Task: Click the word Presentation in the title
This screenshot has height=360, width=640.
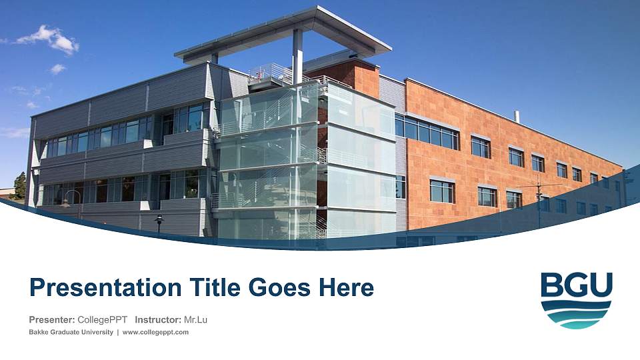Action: tap(106, 288)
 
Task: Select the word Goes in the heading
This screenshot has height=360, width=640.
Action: tap(279, 287)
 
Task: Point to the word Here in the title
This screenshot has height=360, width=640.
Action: tap(347, 287)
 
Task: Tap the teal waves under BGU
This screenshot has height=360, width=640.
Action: tap(576, 315)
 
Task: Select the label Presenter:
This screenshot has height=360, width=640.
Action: tap(52, 319)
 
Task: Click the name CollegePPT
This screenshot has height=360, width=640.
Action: tap(103, 319)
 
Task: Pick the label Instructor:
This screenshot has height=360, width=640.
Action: tap(158, 319)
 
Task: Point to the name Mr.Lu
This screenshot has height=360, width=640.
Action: tap(195, 319)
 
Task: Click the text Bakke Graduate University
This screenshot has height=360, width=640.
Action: tap(71, 332)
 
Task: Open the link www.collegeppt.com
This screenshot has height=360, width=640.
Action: tap(155, 332)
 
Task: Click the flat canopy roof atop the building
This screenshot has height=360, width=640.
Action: tap(283, 34)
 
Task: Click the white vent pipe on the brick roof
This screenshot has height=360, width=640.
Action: tap(517, 116)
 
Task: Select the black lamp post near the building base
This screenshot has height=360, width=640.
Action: tap(159, 223)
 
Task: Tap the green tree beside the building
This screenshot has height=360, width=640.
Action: tap(19, 186)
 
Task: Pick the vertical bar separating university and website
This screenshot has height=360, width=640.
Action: tap(118, 332)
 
